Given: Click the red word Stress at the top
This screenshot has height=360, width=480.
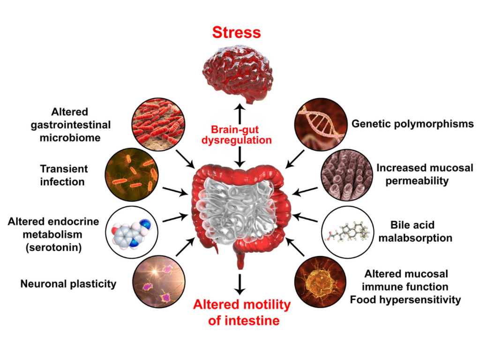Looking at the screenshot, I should pyautogui.click(x=236, y=32).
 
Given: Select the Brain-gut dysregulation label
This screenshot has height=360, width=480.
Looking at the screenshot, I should pyautogui.click(x=240, y=135).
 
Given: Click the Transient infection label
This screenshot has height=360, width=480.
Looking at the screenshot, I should pyautogui.click(x=64, y=175).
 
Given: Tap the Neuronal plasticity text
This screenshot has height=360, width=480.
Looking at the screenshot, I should pyautogui.click(x=68, y=283).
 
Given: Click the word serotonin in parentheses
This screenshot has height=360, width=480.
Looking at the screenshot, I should pyautogui.click(x=54, y=247).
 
